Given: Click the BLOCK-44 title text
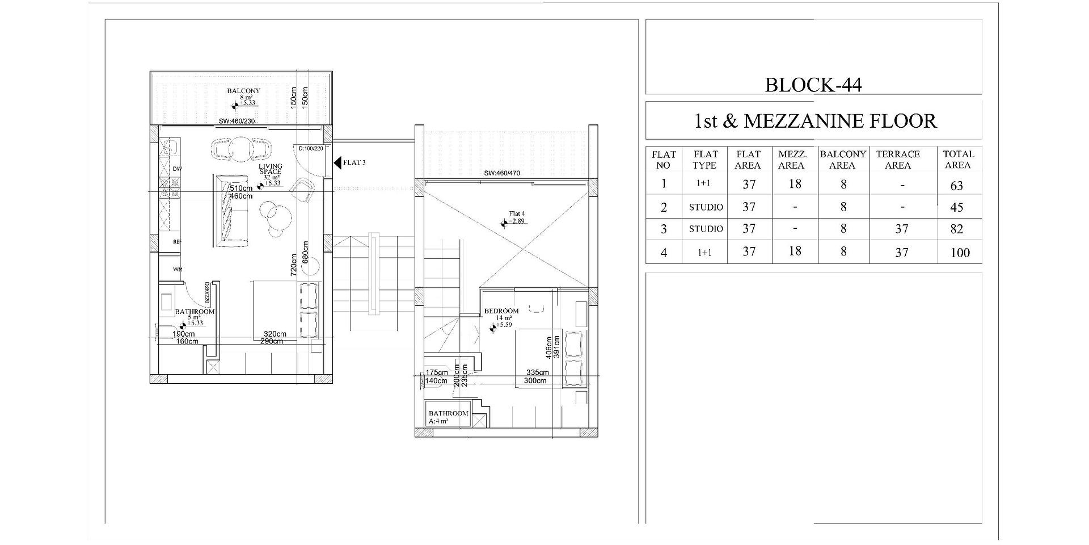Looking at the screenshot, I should tap(813, 85).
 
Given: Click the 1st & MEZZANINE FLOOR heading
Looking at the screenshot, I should tap(815, 121).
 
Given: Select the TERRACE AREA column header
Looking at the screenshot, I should tap(897, 160).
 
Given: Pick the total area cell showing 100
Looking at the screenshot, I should tap(960, 253).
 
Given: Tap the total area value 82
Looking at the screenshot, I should tap(957, 229).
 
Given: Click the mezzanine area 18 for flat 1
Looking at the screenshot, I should tap(795, 184).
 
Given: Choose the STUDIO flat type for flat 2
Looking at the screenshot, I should tap(706, 207).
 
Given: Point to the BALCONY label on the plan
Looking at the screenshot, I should tap(243, 91).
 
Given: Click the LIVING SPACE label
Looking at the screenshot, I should tap(271, 169).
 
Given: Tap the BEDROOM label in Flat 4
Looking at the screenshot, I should tap(501, 311).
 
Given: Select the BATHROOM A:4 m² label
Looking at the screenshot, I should tap(448, 417).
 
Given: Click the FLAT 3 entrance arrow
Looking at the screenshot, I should tap(337, 163).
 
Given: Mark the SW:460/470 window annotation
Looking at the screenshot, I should tap(502, 173).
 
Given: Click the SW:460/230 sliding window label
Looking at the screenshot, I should tap(237, 121).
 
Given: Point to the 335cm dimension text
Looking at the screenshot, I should tap(537, 373).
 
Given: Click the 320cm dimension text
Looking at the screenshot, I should tap(275, 334).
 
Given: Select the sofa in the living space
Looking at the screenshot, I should tap(230, 211).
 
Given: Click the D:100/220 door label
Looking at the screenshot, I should tap(311, 148).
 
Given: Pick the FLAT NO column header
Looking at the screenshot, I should tap(663, 160).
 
